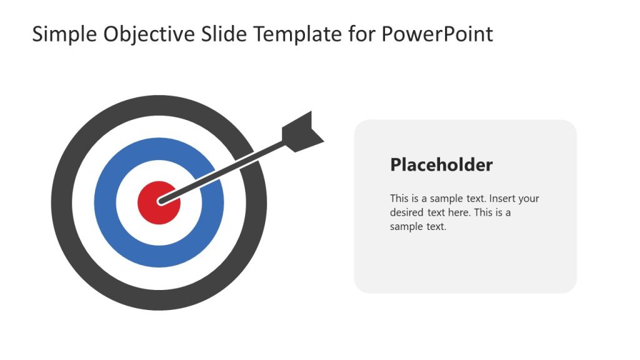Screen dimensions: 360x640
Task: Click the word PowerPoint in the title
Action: [x=437, y=34]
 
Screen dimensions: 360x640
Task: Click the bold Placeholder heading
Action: [x=441, y=165]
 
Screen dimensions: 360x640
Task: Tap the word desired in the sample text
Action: [x=407, y=212]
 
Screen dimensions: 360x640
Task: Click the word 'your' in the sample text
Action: [x=529, y=199]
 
